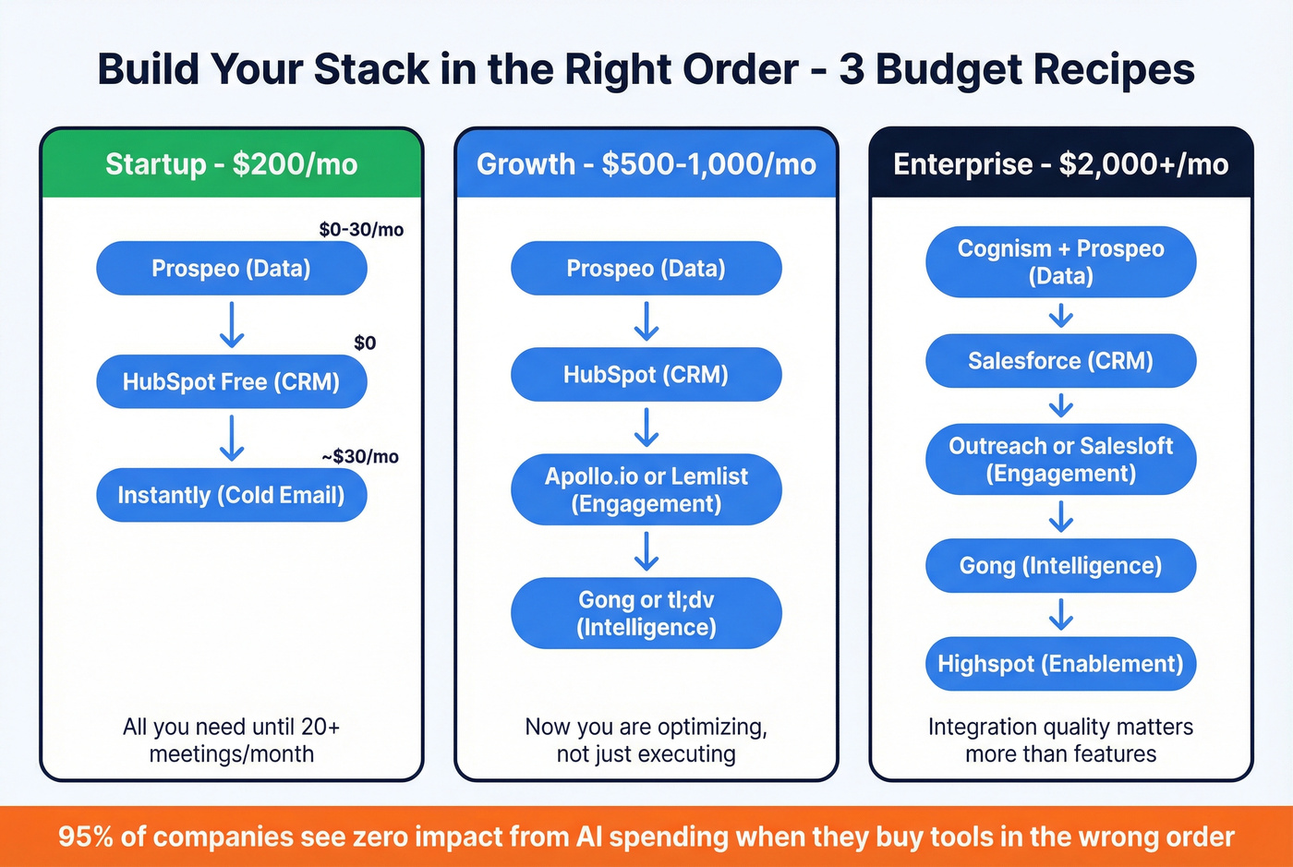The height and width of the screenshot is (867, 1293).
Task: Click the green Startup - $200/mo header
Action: (231, 164)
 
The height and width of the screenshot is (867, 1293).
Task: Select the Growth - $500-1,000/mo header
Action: (646, 164)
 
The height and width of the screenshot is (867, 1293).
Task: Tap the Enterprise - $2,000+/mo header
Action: (1060, 164)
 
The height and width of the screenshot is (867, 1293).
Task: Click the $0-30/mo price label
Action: (361, 230)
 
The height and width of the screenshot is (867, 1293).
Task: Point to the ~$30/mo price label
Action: (360, 456)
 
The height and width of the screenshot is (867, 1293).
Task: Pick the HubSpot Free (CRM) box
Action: (231, 381)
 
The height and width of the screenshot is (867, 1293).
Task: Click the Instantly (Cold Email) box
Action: (231, 495)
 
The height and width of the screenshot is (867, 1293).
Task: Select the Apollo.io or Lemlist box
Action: (646, 489)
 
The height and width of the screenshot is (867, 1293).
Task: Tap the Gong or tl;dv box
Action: (646, 613)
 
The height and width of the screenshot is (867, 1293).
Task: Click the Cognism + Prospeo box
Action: (1060, 261)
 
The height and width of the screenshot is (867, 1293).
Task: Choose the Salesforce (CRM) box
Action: (1060, 360)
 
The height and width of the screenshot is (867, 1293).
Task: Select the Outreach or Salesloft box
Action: (1060, 459)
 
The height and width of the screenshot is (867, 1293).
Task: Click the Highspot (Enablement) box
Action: (1060, 663)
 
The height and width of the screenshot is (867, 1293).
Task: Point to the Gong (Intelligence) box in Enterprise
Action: (1060, 565)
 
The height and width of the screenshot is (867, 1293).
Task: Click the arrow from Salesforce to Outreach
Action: (1060, 405)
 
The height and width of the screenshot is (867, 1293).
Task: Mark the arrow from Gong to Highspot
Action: (1060, 614)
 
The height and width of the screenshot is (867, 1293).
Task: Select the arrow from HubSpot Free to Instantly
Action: (231, 438)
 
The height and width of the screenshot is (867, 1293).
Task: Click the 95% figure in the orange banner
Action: (85, 837)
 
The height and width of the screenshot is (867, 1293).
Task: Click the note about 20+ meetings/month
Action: (231, 740)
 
